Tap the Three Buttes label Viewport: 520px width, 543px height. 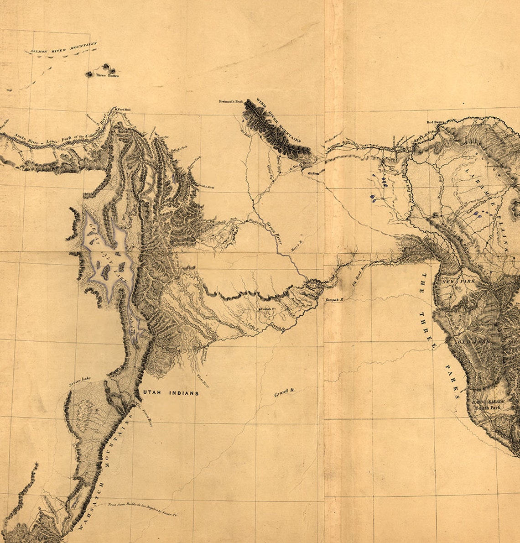click(107, 75)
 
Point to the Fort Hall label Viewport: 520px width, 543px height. click(124, 110)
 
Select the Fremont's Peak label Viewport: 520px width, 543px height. click(230, 100)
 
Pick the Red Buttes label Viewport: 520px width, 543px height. click(435, 122)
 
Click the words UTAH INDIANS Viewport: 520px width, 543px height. click(171, 393)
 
